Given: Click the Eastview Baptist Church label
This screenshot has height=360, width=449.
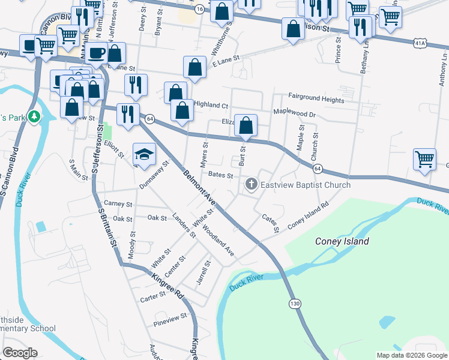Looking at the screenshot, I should tap(306, 185).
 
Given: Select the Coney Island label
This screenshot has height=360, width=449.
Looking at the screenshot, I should tap(342, 242).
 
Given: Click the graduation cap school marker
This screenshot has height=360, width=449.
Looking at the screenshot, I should tap(144, 155).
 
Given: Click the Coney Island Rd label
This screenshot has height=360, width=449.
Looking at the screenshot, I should tap(309, 215).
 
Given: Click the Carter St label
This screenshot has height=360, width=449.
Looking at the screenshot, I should tap(152, 297).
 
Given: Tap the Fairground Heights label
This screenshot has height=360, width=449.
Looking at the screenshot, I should tap(316, 97).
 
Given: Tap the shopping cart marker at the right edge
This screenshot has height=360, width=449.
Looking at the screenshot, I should tap(424, 159).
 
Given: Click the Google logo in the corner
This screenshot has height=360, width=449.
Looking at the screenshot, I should tap(20, 353).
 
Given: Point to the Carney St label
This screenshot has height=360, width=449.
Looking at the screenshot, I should tap(116, 203).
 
